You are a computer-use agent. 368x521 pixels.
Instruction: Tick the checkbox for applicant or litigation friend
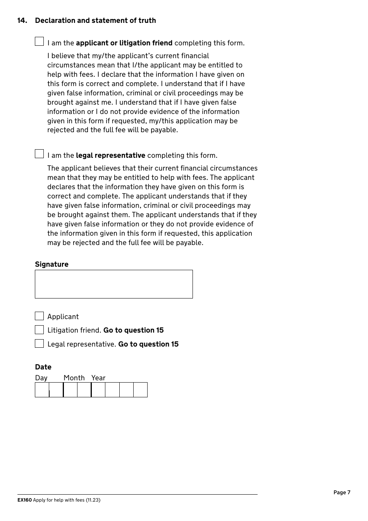click(x=39, y=41)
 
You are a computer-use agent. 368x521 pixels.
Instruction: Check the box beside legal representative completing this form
click(x=39, y=154)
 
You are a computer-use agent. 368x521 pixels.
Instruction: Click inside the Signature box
click(x=113, y=284)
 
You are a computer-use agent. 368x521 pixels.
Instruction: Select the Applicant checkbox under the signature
click(x=39, y=316)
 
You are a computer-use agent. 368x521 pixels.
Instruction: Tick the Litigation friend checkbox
click(x=39, y=330)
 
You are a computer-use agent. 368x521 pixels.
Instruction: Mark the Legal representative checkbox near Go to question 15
click(x=39, y=344)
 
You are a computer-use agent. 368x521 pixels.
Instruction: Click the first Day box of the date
click(x=42, y=390)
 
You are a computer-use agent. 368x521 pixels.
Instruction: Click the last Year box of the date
click(x=140, y=390)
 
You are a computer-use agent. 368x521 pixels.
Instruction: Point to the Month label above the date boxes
click(x=74, y=378)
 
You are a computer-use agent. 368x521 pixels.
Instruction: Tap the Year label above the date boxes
click(x=98, y=378)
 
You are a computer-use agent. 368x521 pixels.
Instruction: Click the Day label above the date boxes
click(x=41, y=378)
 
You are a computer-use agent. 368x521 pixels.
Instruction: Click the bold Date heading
click(x=43, y=367)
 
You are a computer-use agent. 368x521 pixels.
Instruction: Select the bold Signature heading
click(x=52, y=264)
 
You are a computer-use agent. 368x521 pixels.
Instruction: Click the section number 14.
click(x=22, y=21)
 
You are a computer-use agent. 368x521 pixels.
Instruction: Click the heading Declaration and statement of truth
click(x=95, y=21)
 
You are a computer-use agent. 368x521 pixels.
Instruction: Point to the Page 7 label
click(x=342, y=493)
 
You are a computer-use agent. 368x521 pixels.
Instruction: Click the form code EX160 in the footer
click(x=24, y=500)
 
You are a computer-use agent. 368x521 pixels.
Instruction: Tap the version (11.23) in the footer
click(x=93, y=500)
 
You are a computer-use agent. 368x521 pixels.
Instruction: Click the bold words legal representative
click(x=110, y=155)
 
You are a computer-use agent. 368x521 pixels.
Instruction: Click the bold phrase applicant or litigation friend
click(x=124, y=43)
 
